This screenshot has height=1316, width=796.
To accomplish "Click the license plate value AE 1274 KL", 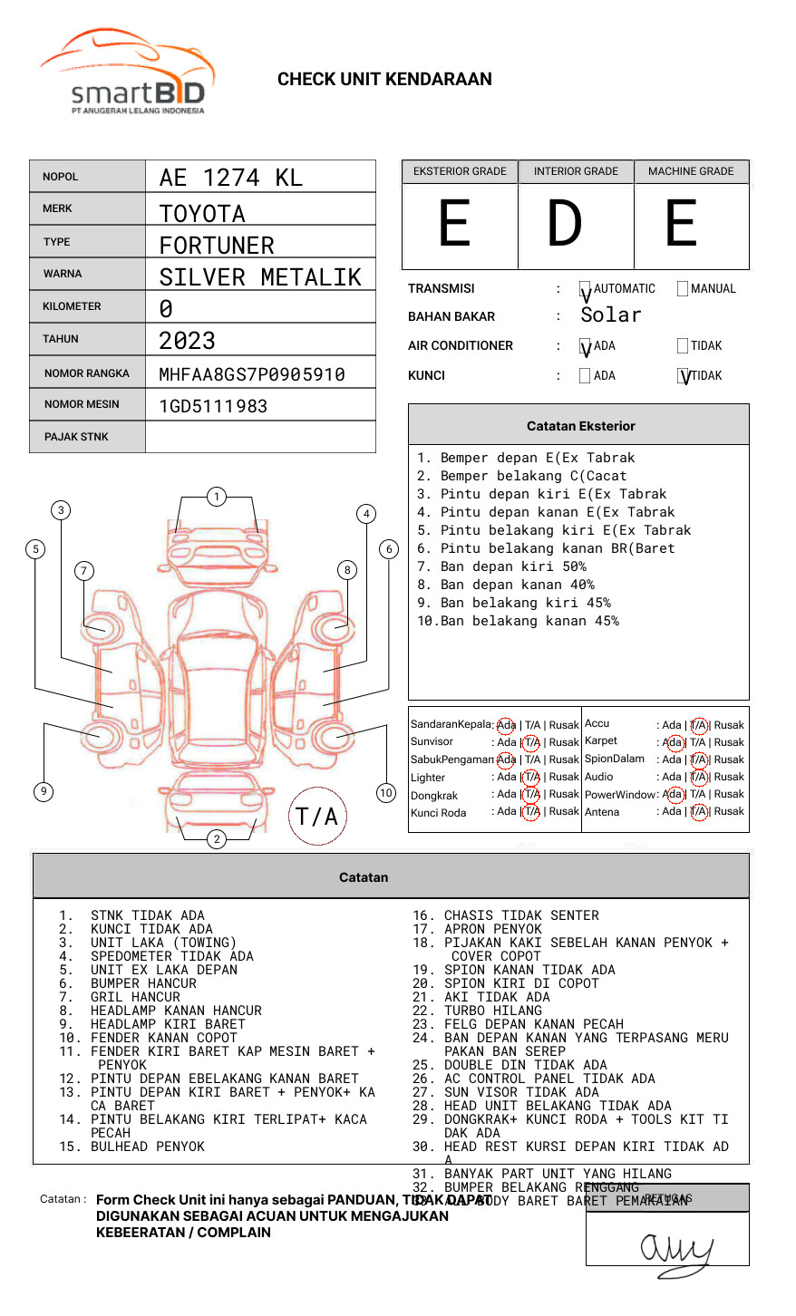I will (x=231, y=178).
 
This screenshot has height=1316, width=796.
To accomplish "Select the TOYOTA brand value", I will (x=202, y=214).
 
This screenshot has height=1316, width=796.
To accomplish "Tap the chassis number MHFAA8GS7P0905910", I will (x=252, y=374).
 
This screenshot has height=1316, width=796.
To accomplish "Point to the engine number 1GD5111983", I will (x=213, y=406).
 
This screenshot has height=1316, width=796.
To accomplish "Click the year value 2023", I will (x=187, y=341).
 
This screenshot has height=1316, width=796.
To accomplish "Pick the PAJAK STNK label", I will (x=75, y=437).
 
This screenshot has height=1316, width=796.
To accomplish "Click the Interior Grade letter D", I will (x=564, y=224).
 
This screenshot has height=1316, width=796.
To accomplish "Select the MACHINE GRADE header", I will (x=691, y=171).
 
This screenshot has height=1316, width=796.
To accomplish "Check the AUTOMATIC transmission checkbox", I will (x=586, y=289).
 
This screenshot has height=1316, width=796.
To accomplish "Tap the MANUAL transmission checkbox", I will (x=683, y=289).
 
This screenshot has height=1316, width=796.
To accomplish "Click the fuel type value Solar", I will (x=611, y=315).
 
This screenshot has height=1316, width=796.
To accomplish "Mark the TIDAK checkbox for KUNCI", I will (x=684, y=376).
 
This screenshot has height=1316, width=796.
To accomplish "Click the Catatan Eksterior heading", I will (x=580, y=426).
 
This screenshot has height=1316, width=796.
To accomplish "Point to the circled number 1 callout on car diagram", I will (x=216, y=497).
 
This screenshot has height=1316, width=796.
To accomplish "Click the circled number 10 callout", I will (x=386, y=793).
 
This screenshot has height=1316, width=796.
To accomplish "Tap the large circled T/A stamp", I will (x=317, y=817).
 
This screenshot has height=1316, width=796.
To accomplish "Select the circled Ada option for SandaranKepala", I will (x=506, y=725).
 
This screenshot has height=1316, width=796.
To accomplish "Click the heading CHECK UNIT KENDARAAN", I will (x=384, y=80).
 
